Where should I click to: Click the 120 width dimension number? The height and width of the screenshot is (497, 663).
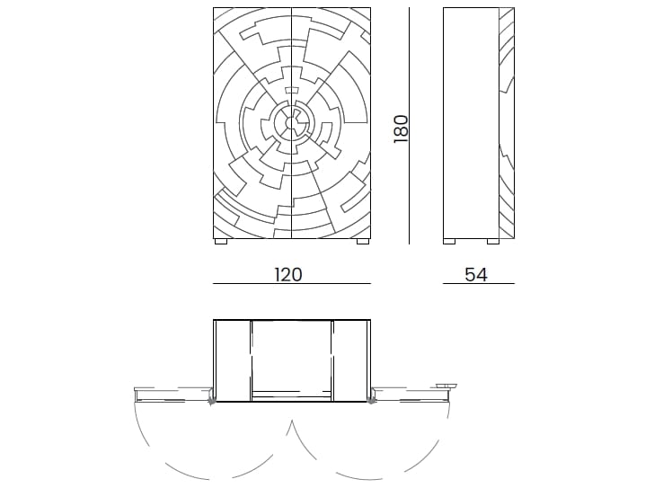point(288,274)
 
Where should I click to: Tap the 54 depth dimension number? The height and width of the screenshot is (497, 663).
point(476,274)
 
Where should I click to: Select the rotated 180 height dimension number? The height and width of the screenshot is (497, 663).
point(401,128)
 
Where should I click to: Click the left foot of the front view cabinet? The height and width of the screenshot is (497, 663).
point(221,241)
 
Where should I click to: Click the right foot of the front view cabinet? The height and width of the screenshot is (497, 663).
point(363,241)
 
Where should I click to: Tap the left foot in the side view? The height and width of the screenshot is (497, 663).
point(451,241)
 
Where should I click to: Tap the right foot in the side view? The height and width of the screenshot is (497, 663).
point(492,241)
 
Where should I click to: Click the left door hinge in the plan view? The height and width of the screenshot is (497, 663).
point(212,398)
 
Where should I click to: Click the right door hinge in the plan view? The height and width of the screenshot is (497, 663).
point(372,398)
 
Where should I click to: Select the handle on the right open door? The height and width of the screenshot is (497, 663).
point(446,386)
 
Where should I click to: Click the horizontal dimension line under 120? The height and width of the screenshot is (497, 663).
point(291,284)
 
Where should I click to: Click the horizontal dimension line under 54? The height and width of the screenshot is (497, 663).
point(478,284)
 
